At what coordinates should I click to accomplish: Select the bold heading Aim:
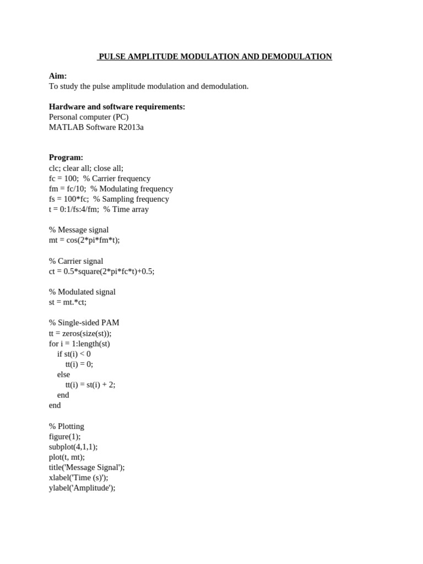pyautogui.click(x=58, y=76)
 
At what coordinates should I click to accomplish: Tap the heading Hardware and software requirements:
pyautogui.click(x=117, y=107)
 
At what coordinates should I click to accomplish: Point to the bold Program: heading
pyautogui.click(x=66, y=158)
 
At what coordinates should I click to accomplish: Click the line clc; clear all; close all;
pyautogui.click(x=86, y=168)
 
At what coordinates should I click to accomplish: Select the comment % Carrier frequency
pyautogui.click(x=117, y=178)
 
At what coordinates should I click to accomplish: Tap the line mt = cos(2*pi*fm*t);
pyautogui.click(x=84, y=240)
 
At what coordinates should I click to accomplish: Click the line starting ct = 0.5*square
pyautogui.click(x=101, y=272)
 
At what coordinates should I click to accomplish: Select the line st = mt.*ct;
pyautogui.click(x=68, y=302)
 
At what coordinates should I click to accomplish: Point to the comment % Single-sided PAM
pyautogui.click(x=84, y=323)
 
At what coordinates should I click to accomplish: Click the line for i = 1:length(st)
pyautogui.click(x=79, y=344)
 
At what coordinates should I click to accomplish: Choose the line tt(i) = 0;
pyautogui.click(x=79, y=364)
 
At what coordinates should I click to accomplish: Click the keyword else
pyautogui.click(x=63, y=375)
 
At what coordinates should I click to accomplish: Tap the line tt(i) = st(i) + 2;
pyautogui.click(x=90, y=385)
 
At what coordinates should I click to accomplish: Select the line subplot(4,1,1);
pyautogui.click(x=73, y=447)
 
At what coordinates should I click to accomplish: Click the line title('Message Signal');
pyautogui.click(x=87, y=467)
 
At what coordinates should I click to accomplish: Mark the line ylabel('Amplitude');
pyautogui.click(x=82, y=488)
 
